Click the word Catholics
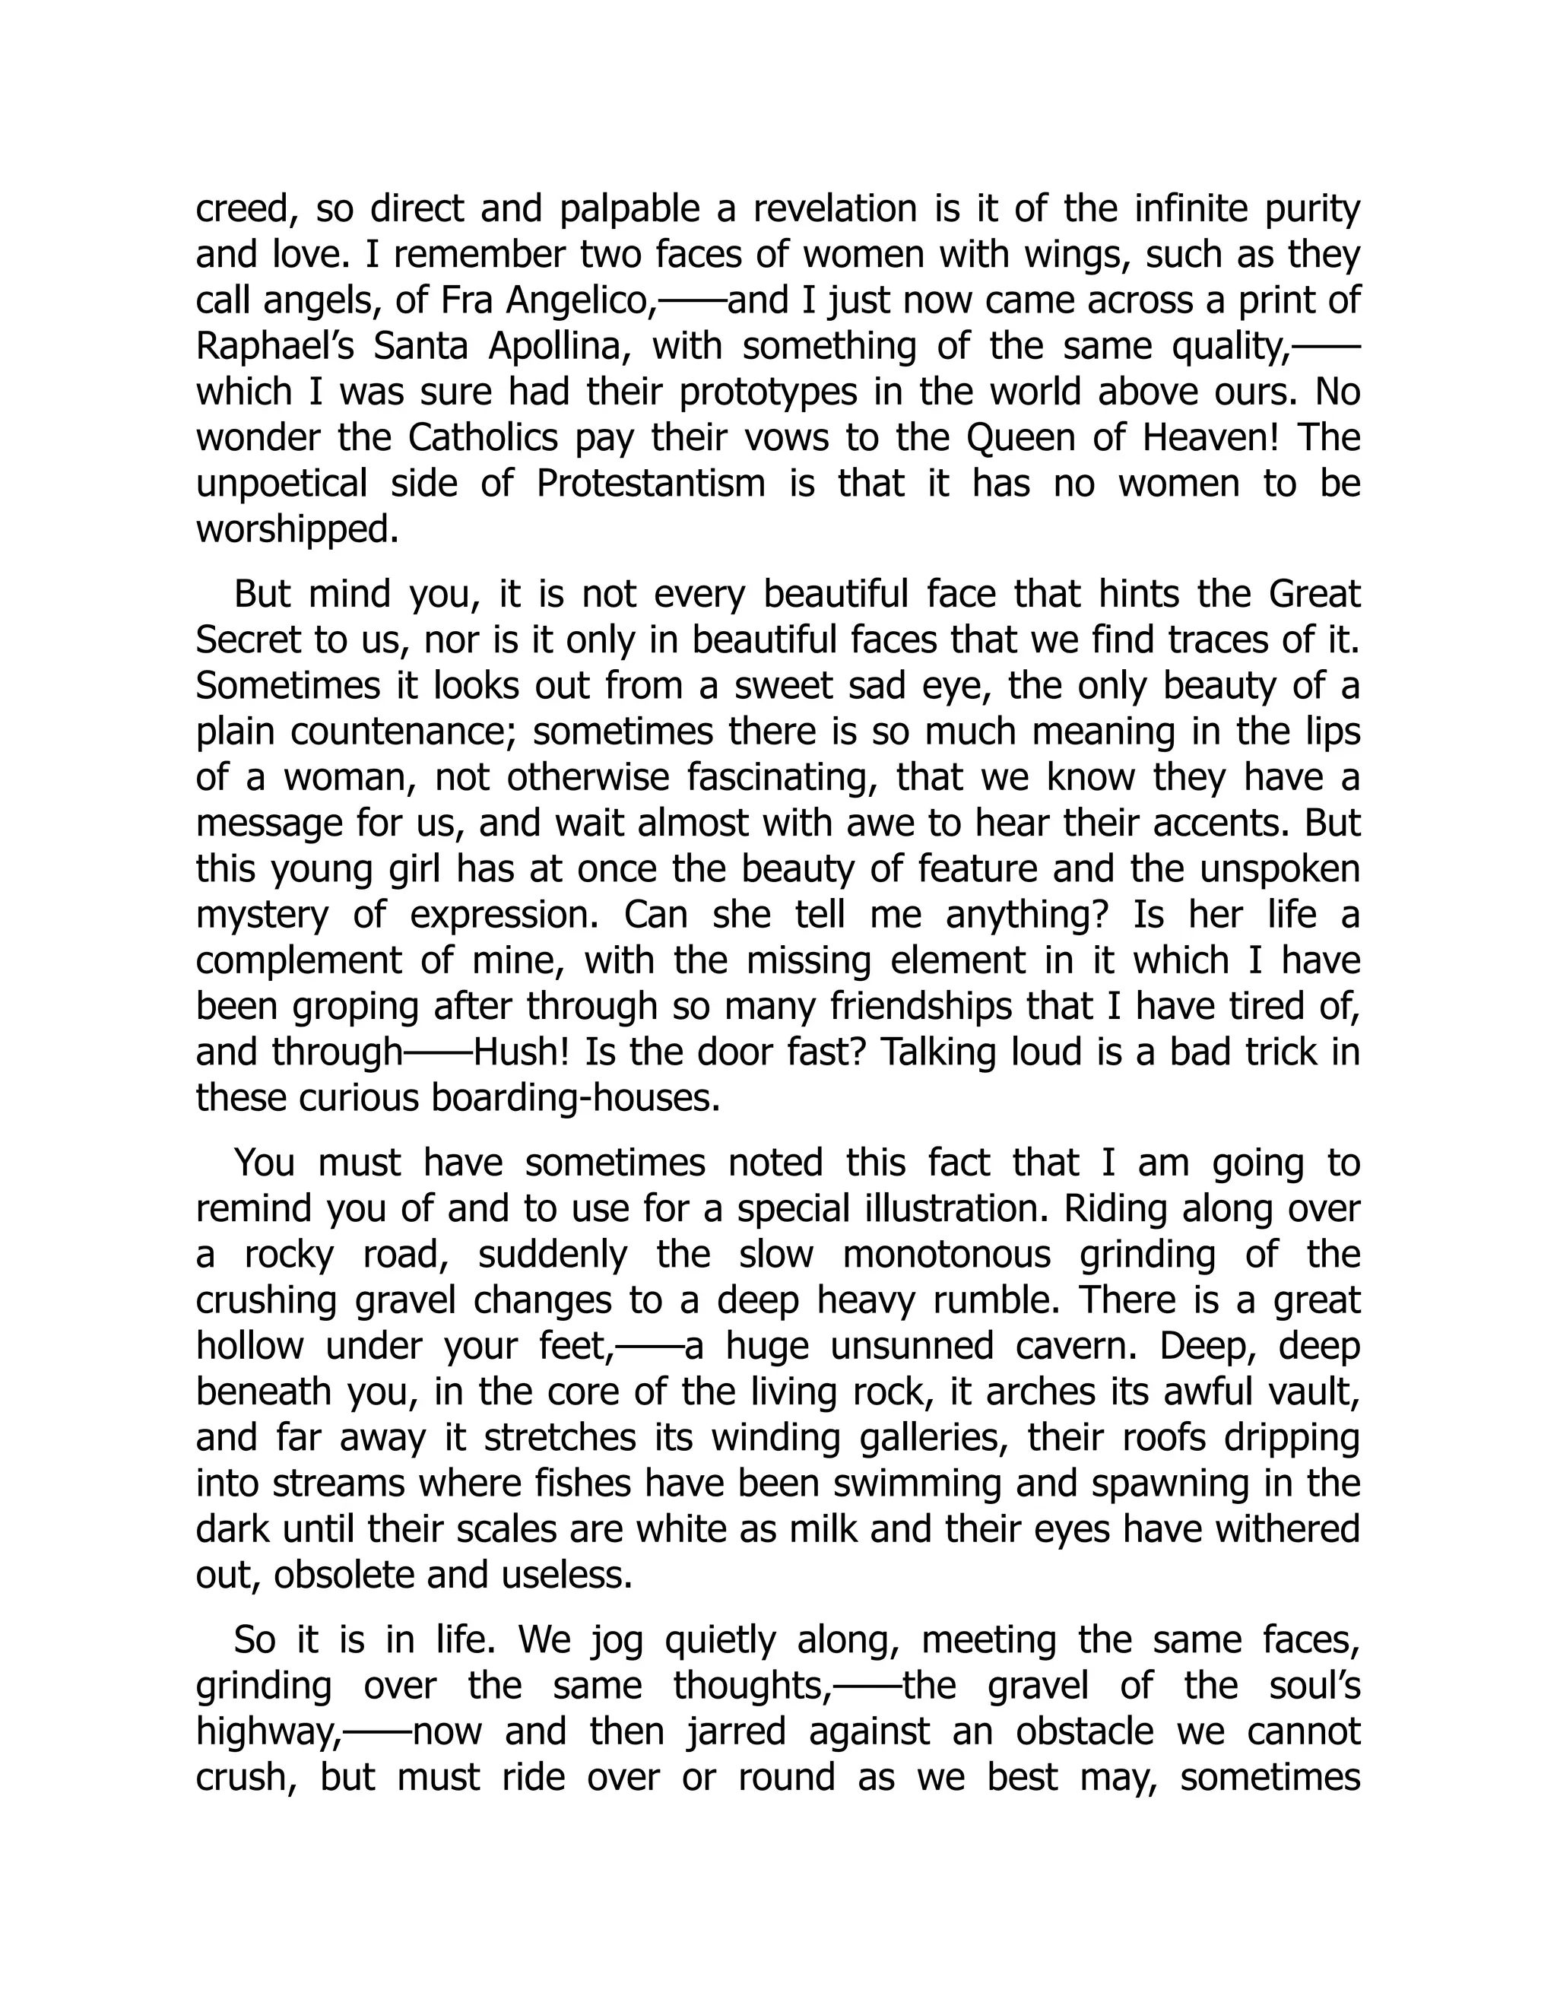pyautogui.click(x=483, y=437)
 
